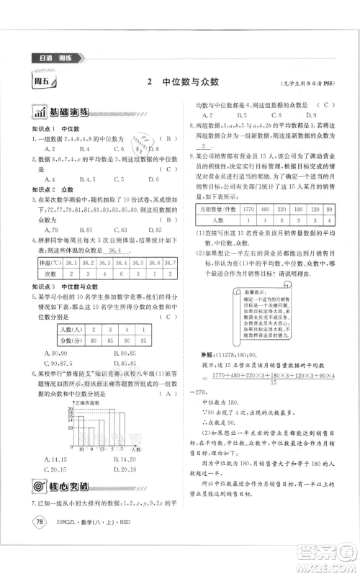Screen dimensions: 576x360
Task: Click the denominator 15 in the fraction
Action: pos(273,383)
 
